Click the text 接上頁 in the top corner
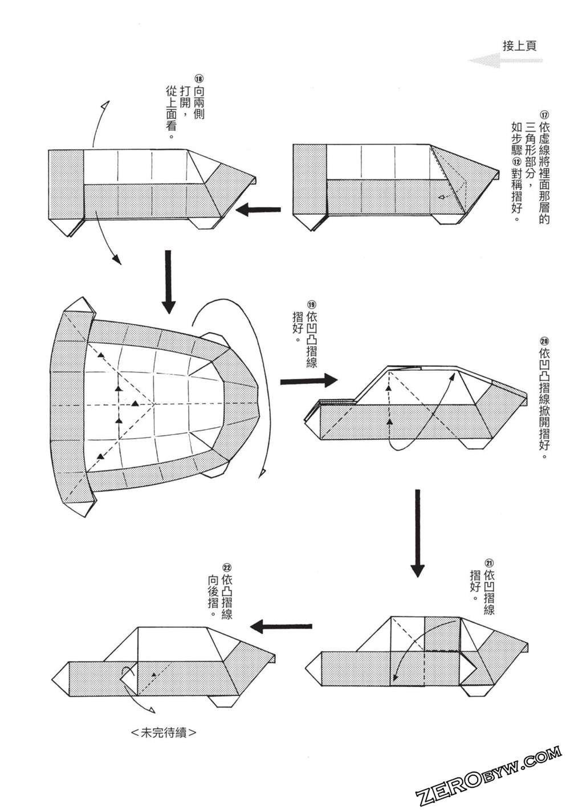click(x=519, y=46)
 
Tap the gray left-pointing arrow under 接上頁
click(x=505, y=60)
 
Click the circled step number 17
click(x=543, y=114)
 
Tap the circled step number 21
click(x=488, y=563)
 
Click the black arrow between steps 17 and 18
click(x=258, y=210)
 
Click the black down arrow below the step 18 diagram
click(x=168, y=282)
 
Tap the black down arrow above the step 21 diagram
click(x=418, y=533)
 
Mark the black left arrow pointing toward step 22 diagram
click(x=282, y=627)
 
